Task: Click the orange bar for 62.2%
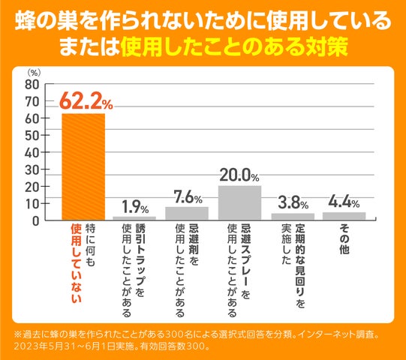(83, 166)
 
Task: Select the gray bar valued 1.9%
(135, 217)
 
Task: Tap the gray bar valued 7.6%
(187, 213)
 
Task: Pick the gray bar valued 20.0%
(239, 202)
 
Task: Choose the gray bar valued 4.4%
(344, 215)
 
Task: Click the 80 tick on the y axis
(32, 83)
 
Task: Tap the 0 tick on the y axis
(36, 220)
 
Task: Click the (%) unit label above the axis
(35, 72)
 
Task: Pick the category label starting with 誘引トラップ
(135, 263)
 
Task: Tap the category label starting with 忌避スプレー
(239, 263)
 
